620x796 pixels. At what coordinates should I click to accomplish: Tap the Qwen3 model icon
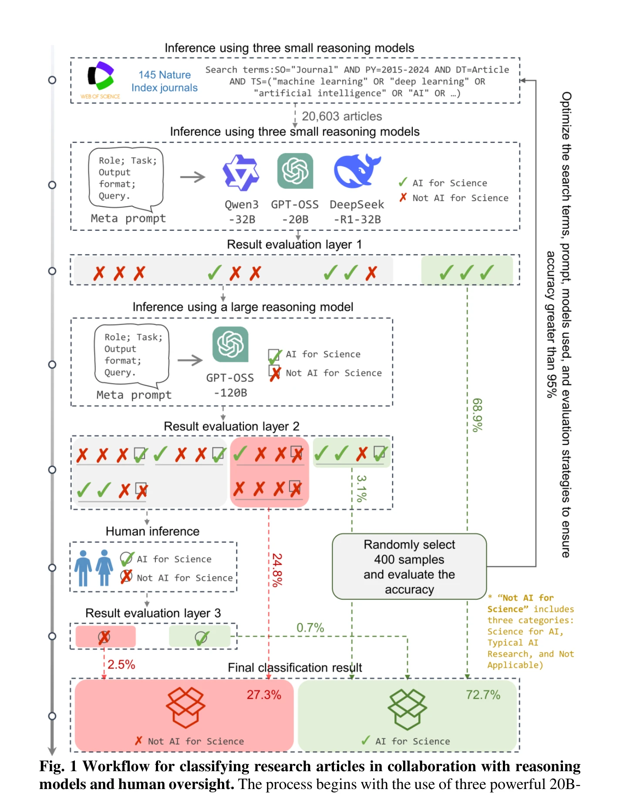click(241, 173)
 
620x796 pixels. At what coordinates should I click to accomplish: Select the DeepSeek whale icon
click(357, 171)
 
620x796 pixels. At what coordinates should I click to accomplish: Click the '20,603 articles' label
click(342, 117)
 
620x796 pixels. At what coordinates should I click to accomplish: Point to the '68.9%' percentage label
click(478, 415)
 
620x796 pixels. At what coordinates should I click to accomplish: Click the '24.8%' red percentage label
click(277, 570)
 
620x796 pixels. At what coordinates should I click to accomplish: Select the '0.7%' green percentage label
click(310, 628)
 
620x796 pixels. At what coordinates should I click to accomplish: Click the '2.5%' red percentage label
click(121, 665)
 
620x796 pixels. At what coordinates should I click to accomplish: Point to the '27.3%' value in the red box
click(264, 695)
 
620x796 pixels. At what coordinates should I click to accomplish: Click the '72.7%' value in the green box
click(483, 695)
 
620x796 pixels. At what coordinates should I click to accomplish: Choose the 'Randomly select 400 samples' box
click(409, 567)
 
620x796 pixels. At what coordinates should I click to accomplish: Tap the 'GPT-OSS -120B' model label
click(230, 385)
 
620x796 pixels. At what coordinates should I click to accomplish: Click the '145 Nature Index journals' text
click(165, 81)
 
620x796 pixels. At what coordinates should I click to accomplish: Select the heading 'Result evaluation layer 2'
click(232, 426)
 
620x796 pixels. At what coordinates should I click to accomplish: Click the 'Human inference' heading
click(152, 531)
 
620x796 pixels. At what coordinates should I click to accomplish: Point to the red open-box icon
click(186, 708)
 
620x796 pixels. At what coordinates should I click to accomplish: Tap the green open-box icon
click(407, 709)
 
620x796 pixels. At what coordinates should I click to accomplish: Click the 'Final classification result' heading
click(295, 668)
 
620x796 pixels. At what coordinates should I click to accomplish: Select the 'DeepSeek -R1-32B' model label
click(357, 212)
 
